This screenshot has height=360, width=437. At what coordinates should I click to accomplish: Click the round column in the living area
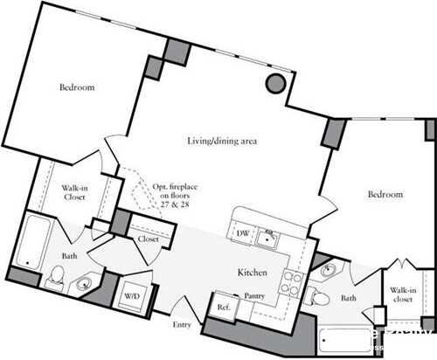(274, 83)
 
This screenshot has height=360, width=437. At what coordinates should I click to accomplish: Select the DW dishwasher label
(244, 233)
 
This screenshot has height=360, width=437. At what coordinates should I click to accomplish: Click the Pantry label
(255, 296)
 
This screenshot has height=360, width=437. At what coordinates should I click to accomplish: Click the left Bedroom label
(77, 87)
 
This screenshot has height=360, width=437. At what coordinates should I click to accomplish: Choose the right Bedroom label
(385, 194)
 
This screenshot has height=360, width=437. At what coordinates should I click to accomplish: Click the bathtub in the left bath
(33, 240)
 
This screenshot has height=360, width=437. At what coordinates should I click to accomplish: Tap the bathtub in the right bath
(345, 336)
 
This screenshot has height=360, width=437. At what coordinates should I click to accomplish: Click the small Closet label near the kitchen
(148, 239)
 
